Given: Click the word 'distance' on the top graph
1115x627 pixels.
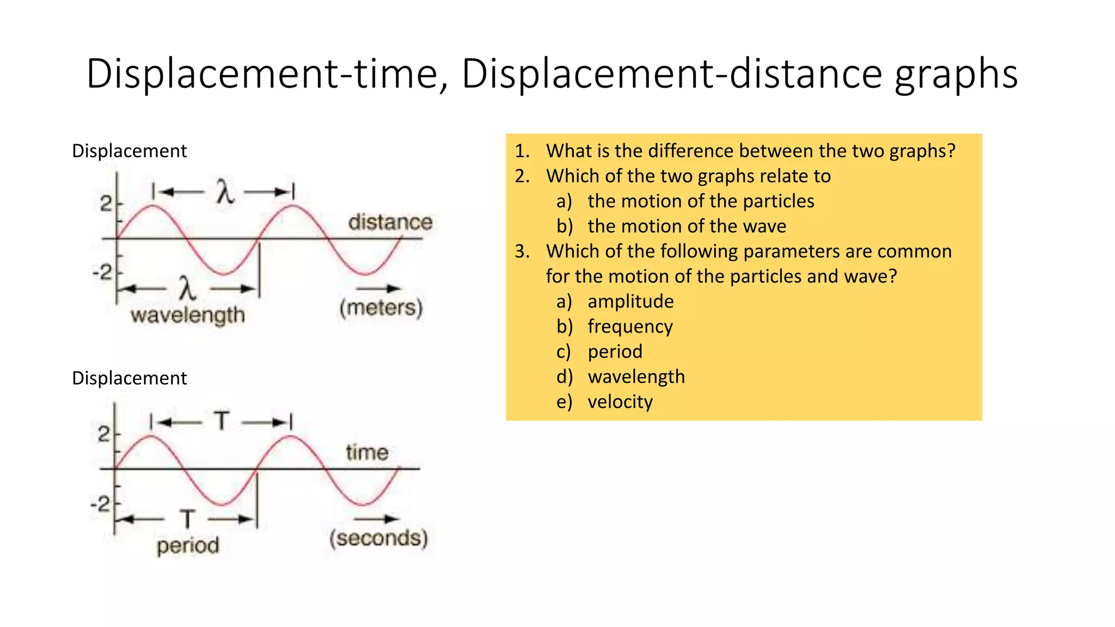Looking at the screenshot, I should pos(390,222).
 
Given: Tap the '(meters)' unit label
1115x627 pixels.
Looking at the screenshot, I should pos(381,308).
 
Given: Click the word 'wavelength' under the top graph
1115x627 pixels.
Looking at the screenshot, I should pos(188,315).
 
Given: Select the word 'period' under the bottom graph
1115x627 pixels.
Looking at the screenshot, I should pos(188,545).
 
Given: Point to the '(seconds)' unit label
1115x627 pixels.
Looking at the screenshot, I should pos(379,538).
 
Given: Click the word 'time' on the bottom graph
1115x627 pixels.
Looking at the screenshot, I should pos(367,452).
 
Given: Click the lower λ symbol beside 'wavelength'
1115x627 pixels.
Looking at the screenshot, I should pos(187,288).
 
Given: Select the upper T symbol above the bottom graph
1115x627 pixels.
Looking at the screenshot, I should pos(222,421).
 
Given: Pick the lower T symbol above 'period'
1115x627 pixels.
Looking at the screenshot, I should pos(187,519).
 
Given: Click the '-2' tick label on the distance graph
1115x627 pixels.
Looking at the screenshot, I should pos(102,272).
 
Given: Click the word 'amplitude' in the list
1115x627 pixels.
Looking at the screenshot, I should pos(630,302).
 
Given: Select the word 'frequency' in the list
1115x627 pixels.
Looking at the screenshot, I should pos(630,327).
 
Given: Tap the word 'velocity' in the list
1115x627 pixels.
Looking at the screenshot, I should pos(620,402).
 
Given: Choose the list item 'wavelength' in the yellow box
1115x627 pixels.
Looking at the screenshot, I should pos(636,377).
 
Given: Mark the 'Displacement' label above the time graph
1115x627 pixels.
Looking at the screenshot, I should pos(130,378).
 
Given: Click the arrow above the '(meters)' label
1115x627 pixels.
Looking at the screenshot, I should pos(379,288).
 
